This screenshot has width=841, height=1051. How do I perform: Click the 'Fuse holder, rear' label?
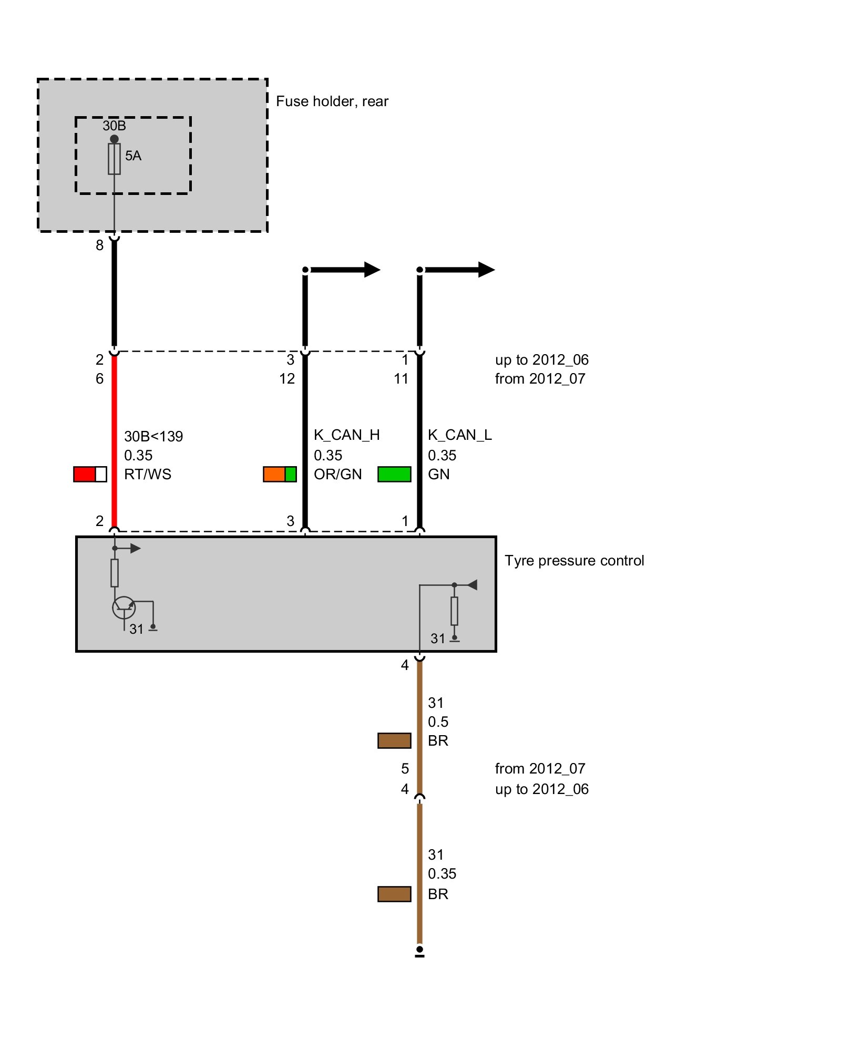point(332,101)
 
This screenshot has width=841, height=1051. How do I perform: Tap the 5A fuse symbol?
point(114,159)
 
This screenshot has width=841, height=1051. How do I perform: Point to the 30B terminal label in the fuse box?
point(114,126)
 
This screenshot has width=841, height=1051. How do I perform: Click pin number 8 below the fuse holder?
point(99,245)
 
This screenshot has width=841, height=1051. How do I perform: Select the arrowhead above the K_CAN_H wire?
point(372,270)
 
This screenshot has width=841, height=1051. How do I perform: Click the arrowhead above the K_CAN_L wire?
point(486,270)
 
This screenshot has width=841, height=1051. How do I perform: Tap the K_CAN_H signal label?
point(346,435)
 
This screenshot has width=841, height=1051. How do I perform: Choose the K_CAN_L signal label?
point(459,435)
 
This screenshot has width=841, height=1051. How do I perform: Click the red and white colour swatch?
point(90,474)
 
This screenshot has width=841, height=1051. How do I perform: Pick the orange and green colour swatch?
point(280,474)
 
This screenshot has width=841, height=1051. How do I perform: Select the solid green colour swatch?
point(394,474)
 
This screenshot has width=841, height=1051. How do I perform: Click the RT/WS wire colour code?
point(148,474)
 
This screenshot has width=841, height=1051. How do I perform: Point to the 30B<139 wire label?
point(153,436)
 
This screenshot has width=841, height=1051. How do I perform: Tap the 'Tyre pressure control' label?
point(574,560)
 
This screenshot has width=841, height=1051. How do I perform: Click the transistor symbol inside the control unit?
point(124,608)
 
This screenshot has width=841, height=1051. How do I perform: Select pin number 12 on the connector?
point(287,378)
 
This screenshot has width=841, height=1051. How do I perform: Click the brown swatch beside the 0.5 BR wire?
point(394,740)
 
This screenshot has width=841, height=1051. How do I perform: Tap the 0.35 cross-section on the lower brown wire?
point(442,873)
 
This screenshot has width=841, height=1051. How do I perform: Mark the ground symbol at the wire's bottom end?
point(419,952)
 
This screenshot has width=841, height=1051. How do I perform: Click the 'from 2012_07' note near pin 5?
point(540,768)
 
